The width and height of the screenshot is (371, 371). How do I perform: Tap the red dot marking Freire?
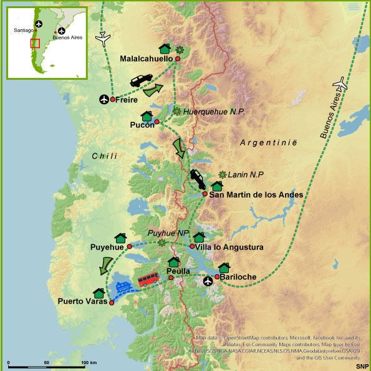pyautogui.click(x=112, y=99)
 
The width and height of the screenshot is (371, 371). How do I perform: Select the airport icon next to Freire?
pyautogui.click(x=104, y=99)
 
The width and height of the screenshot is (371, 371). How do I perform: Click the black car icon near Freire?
pyautogui.click(x=141, y=80)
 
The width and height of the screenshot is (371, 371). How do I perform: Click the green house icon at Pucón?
pyautogui.click(x=147, y=116)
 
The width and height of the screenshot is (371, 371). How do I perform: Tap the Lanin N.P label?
pyautogui.click(x=244, y=175)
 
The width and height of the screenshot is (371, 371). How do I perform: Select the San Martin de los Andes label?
pyautogui.click(x=256, y=195)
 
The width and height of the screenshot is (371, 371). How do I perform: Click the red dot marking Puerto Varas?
pyautogui.click(x=112, y=302)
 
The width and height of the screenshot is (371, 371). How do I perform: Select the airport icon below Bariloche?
pyautogui.click(x=209, y=282)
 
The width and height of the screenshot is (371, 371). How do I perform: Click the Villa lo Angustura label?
pyautogui.click(x=229, y=248)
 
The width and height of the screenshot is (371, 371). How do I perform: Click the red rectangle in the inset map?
pyautogui.click(x=36, y=43)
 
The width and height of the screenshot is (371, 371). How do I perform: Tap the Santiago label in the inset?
pyautogui.click(x=24, y=31)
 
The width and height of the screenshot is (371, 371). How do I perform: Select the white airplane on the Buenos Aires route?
pyautogui.click(x=339, y=82)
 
